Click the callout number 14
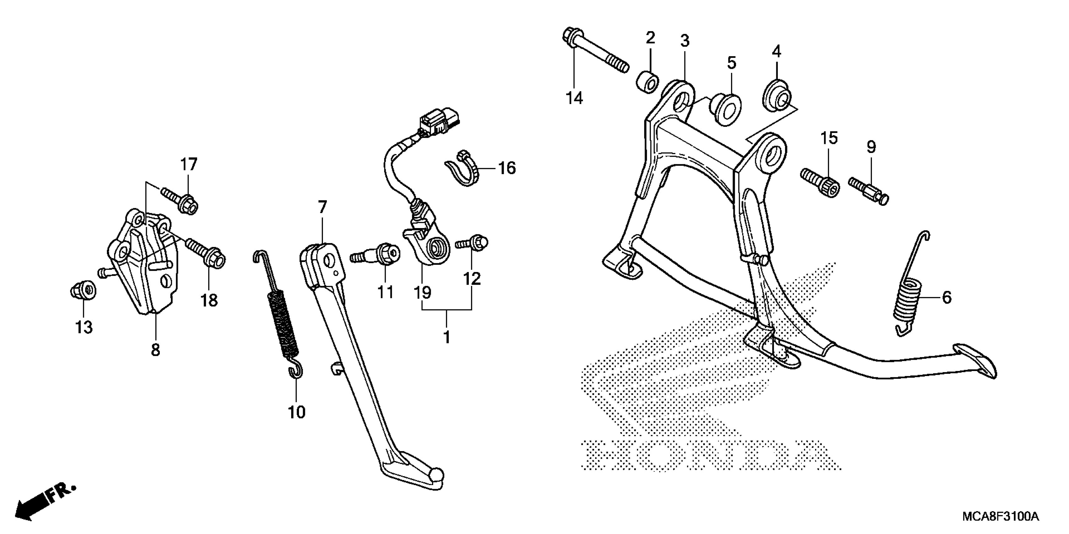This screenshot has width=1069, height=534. (574, 98)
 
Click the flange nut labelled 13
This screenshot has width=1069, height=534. (83, 290)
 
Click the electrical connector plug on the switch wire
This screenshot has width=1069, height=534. (439, 122)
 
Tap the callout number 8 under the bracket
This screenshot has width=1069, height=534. (155, 350)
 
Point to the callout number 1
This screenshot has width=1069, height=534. (446, 337)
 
